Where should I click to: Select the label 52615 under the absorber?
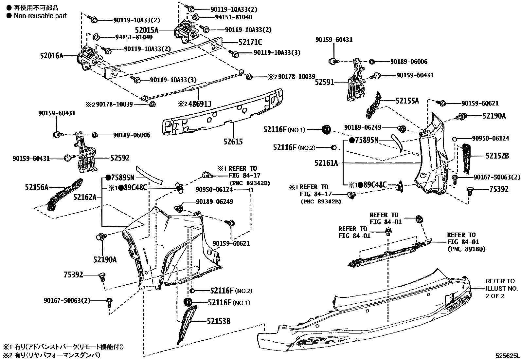(233, 142)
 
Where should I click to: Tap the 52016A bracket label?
(52, 56)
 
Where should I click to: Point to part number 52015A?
(147, 30)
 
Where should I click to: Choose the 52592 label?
(120, 158)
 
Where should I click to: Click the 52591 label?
(325, 82)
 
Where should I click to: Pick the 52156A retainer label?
(37, 187)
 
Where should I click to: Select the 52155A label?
(407, 101)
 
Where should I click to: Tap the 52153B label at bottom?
(219, 321)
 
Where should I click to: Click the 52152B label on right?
(497, 156)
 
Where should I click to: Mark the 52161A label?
(326, 163)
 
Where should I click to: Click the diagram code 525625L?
(507, 355)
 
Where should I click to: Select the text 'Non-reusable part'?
(40, 16)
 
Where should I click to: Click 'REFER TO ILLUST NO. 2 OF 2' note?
(501, 288)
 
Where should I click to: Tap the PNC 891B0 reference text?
(466, 249)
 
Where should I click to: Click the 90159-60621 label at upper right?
(480, 103)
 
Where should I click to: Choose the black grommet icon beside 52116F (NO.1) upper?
(326, 129)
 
